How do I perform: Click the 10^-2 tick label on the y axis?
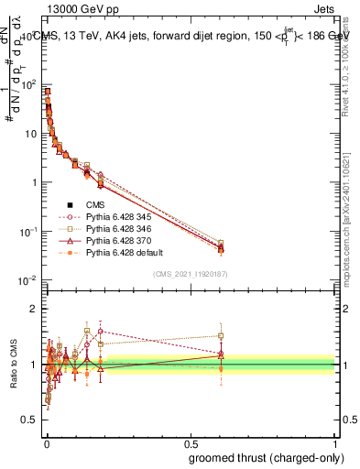29,280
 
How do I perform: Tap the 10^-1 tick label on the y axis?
29,232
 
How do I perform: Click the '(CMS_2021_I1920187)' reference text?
190,274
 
